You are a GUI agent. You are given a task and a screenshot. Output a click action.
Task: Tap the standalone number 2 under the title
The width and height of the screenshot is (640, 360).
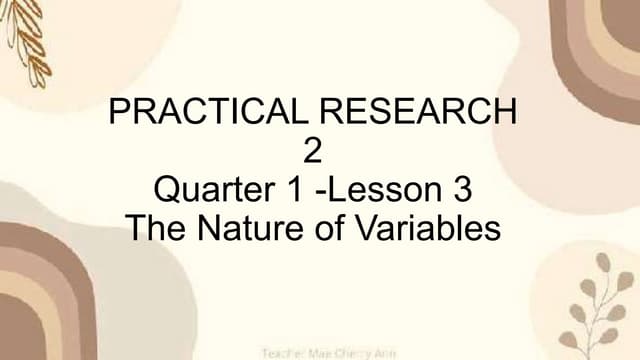click(x=314, y=151)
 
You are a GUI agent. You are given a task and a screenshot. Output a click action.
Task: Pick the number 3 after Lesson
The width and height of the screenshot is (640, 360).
click(x=461, y=189)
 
